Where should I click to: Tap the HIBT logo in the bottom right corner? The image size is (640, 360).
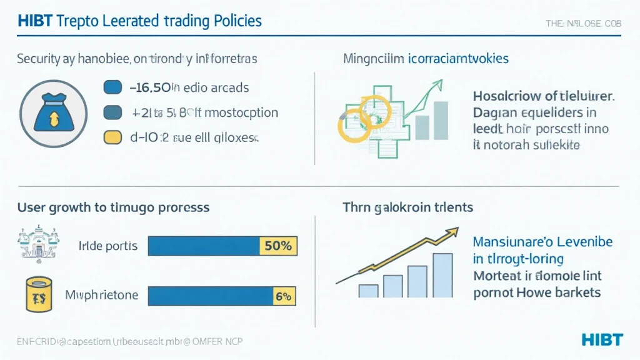[x=601, y=339]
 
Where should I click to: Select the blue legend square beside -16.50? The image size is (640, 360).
[x=112, y=87]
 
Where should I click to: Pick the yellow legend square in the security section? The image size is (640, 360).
[x=112, y=137]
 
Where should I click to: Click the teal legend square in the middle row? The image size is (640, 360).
[x=112, y=112]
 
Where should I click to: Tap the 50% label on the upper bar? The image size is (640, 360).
[x=277, y=246]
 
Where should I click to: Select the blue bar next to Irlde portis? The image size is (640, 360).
[x=203, y=246]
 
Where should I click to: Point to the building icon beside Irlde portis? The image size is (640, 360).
[x=31, y=246]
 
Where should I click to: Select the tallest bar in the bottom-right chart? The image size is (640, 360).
[x=442, y=275]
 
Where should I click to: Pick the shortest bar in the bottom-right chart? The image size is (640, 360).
[x=369, y=291]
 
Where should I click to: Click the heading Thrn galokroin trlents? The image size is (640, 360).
[x=407, y=206]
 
